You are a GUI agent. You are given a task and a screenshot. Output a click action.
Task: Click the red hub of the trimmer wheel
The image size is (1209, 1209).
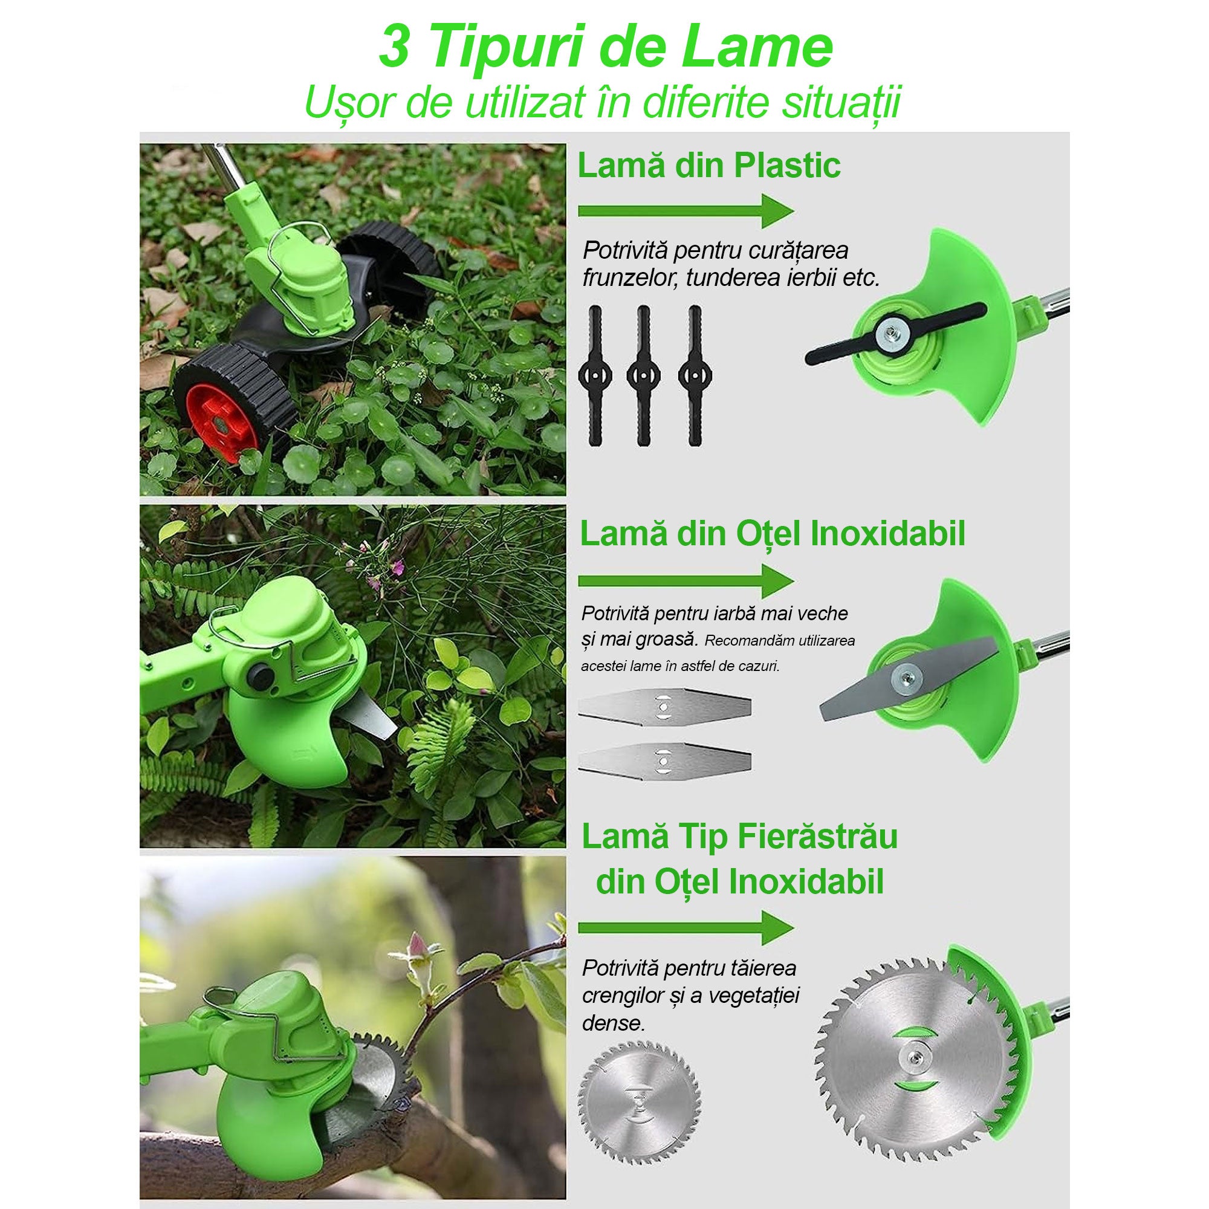click(x=224, y=421)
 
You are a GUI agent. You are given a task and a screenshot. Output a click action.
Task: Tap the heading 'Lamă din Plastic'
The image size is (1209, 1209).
click(x=709, y=166)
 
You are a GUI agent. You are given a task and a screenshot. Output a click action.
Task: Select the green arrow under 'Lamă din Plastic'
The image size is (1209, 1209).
click(x=686, y=211)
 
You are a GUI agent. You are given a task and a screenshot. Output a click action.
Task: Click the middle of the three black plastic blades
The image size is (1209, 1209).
click(x=643, y=375)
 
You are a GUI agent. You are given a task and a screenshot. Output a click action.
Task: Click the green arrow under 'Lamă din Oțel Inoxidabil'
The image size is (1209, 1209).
click(x=686, y=581)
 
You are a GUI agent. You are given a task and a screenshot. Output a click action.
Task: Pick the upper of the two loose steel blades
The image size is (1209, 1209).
click(x=664, y=707)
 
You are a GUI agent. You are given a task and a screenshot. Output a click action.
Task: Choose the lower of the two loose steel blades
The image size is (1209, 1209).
click(x=664, y=760)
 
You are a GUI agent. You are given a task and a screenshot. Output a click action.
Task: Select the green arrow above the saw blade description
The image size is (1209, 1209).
click(x=686, y=927)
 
